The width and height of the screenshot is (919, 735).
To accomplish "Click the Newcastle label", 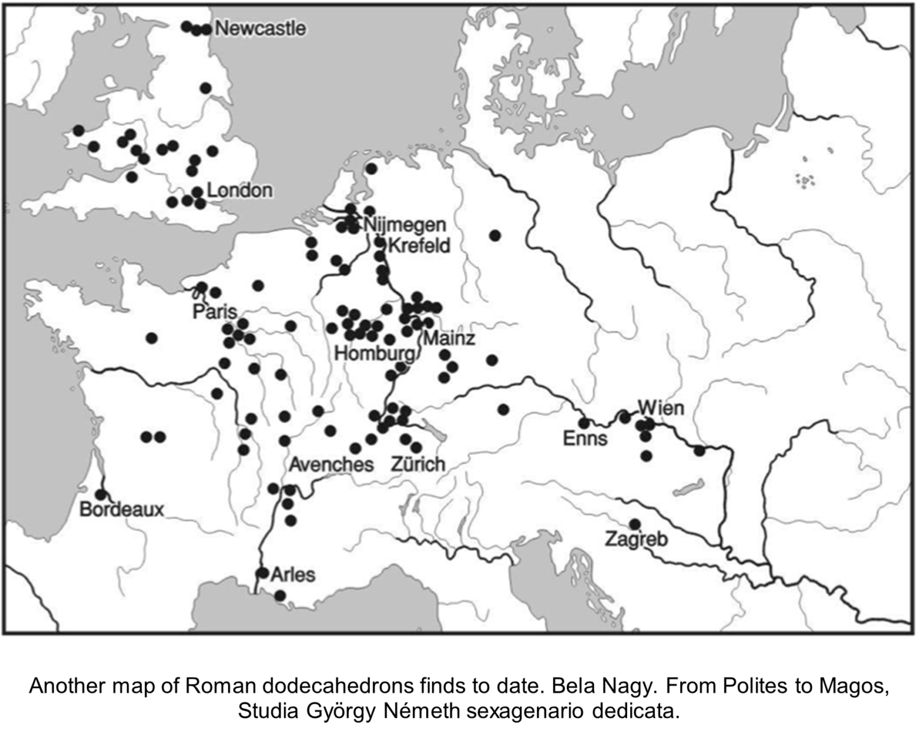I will click(x=260, y=29).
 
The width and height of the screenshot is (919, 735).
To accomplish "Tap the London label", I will click(x=240, y=190).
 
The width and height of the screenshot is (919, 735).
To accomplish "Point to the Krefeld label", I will click(x=419, y=245).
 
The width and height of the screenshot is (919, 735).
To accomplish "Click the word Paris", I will click(x=215, y=312).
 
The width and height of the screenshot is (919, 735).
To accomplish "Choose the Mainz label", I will click(x=449, y=338).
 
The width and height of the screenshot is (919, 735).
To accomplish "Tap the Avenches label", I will click(x=331, y=464).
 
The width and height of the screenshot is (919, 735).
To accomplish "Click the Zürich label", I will click(x=418, y=464).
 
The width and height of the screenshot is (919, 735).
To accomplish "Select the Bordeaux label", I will click(x=122, y=509).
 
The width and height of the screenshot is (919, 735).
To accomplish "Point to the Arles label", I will click(x=293, y=575).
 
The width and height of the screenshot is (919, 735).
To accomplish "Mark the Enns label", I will click(x=585, y=438).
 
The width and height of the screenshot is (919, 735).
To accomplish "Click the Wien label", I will click(x=661, y=407).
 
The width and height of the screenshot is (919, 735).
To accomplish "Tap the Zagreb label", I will click(x=637, y=540).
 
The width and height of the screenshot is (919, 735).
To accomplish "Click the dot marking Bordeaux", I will click(x=101, y=494).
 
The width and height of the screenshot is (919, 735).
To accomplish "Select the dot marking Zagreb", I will click(x=635, y=524).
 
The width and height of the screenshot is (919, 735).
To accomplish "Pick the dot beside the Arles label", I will click(x=262, y=573).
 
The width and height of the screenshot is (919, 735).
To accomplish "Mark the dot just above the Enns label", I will click(x=584, y=423).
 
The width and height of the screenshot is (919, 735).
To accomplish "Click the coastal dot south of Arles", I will click(x=279, y=596).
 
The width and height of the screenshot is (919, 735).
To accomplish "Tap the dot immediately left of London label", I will click(x=197, y=191).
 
